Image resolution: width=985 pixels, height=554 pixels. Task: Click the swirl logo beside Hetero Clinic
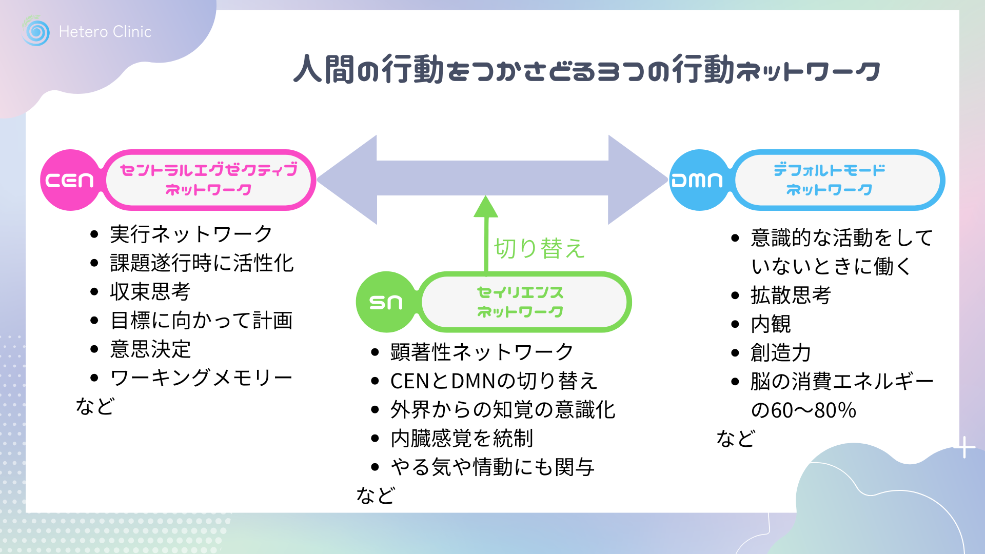tap(36, 32)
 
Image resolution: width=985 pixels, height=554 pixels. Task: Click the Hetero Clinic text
tap(105, 32)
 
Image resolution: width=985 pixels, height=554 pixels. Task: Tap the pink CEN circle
tap(70, 180)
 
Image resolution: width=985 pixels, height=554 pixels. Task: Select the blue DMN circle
tap(698, 180)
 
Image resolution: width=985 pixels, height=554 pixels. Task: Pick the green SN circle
tap(386, 302)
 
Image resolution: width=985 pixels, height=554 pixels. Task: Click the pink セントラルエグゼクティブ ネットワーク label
tap(209, 180)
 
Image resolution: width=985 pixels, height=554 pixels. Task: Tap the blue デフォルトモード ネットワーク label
tap(830, 180)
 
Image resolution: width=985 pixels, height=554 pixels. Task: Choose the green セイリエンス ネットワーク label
tap(520, 302)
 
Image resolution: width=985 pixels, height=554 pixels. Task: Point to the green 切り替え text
tap(539, 248)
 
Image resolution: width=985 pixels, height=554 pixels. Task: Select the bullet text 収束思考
tap(150, 292)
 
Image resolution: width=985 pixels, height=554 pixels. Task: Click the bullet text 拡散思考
tap(791, 295)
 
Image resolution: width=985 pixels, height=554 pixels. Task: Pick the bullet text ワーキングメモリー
tap(201, 378)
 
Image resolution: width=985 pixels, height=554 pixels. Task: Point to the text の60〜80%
tap(803, 410)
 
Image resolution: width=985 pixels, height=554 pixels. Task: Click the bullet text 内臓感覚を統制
tap(462, 439)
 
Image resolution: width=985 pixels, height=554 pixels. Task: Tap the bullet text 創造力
tap(780, 353)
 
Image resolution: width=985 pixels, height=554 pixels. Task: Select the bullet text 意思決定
tap(150, 349)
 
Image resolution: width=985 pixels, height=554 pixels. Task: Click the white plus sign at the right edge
tap(965, 447)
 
